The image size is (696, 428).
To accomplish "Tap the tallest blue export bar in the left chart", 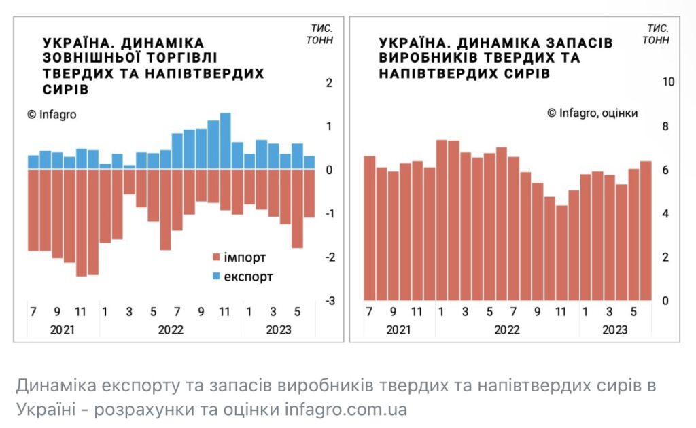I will [226, 141].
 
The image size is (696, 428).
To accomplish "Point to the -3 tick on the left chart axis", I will [329, 301].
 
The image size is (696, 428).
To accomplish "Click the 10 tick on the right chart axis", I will [667, 82].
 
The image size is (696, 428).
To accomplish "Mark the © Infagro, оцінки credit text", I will [593, 113].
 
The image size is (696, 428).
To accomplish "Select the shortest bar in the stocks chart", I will [561, 253].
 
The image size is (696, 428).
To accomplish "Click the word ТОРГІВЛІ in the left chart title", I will [177, 58].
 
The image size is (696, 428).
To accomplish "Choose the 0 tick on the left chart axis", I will [329, 171].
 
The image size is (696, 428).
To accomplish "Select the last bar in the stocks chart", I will [646, 231].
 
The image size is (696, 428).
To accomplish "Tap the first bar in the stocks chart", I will [370, 228].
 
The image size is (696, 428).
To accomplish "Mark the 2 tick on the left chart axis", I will [329, 83].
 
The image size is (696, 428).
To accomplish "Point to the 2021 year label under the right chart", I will [400, 329].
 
